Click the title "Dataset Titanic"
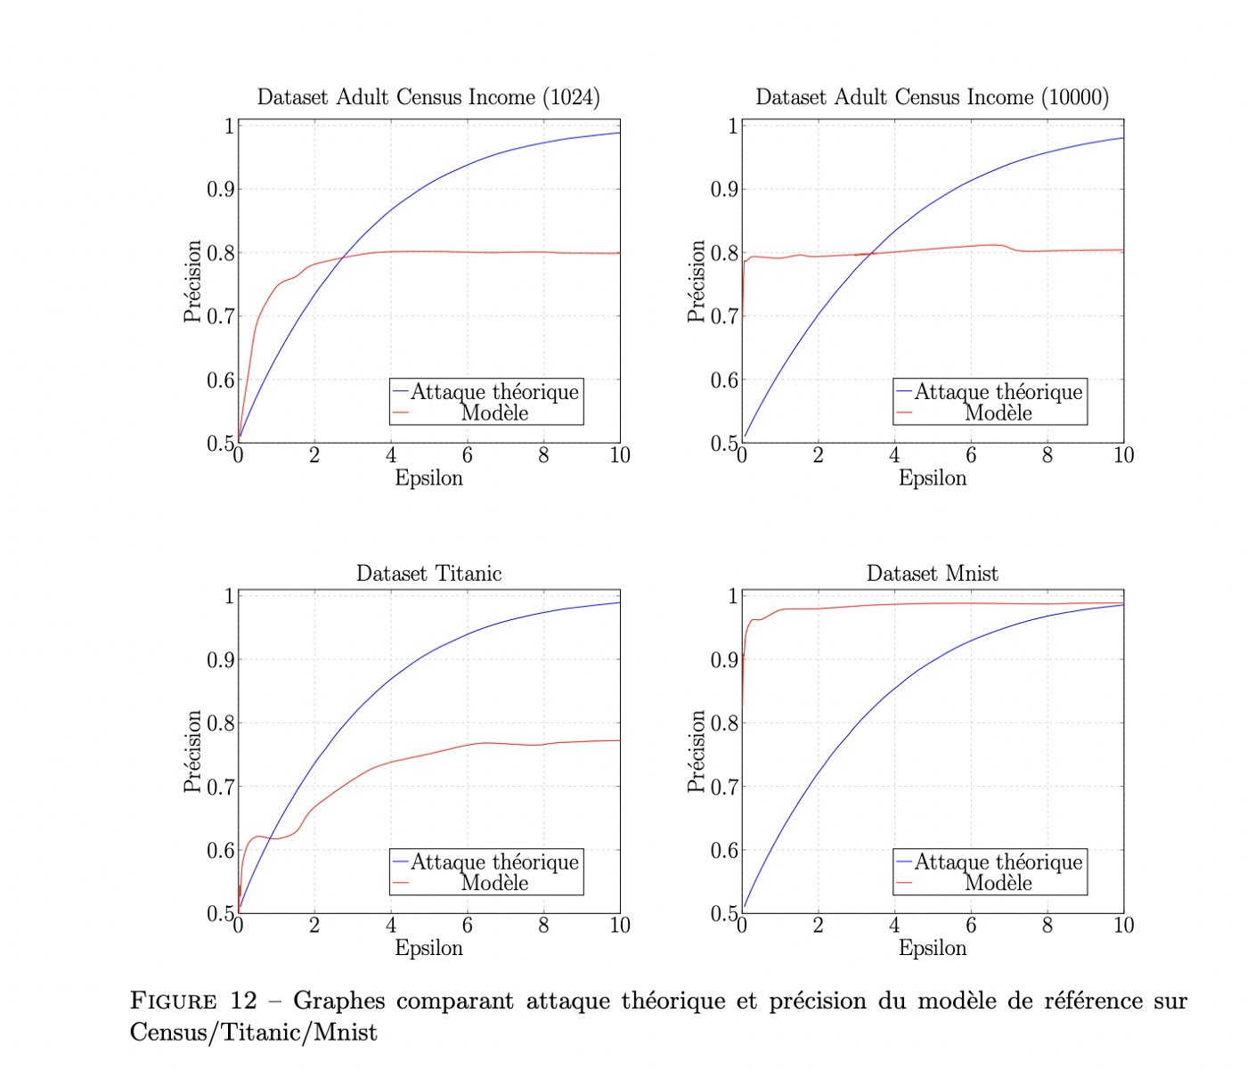coord(428,574)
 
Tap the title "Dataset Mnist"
coord(932,574)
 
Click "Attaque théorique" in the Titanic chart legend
coord(494,862)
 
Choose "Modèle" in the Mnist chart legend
coord(998,884)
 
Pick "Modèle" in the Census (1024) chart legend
coord(494,413)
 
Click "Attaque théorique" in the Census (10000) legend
coord(998,392)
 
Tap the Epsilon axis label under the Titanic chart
coord(428,948)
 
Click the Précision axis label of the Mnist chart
coord(696,751)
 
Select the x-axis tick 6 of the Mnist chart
coord(971,926)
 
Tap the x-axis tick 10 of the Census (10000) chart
coord(1123,455)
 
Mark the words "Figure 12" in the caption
coord(192,1001)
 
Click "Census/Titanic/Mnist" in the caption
coord(253,1033)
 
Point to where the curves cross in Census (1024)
coord(344,258)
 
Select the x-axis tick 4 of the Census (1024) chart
coord(391,455)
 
